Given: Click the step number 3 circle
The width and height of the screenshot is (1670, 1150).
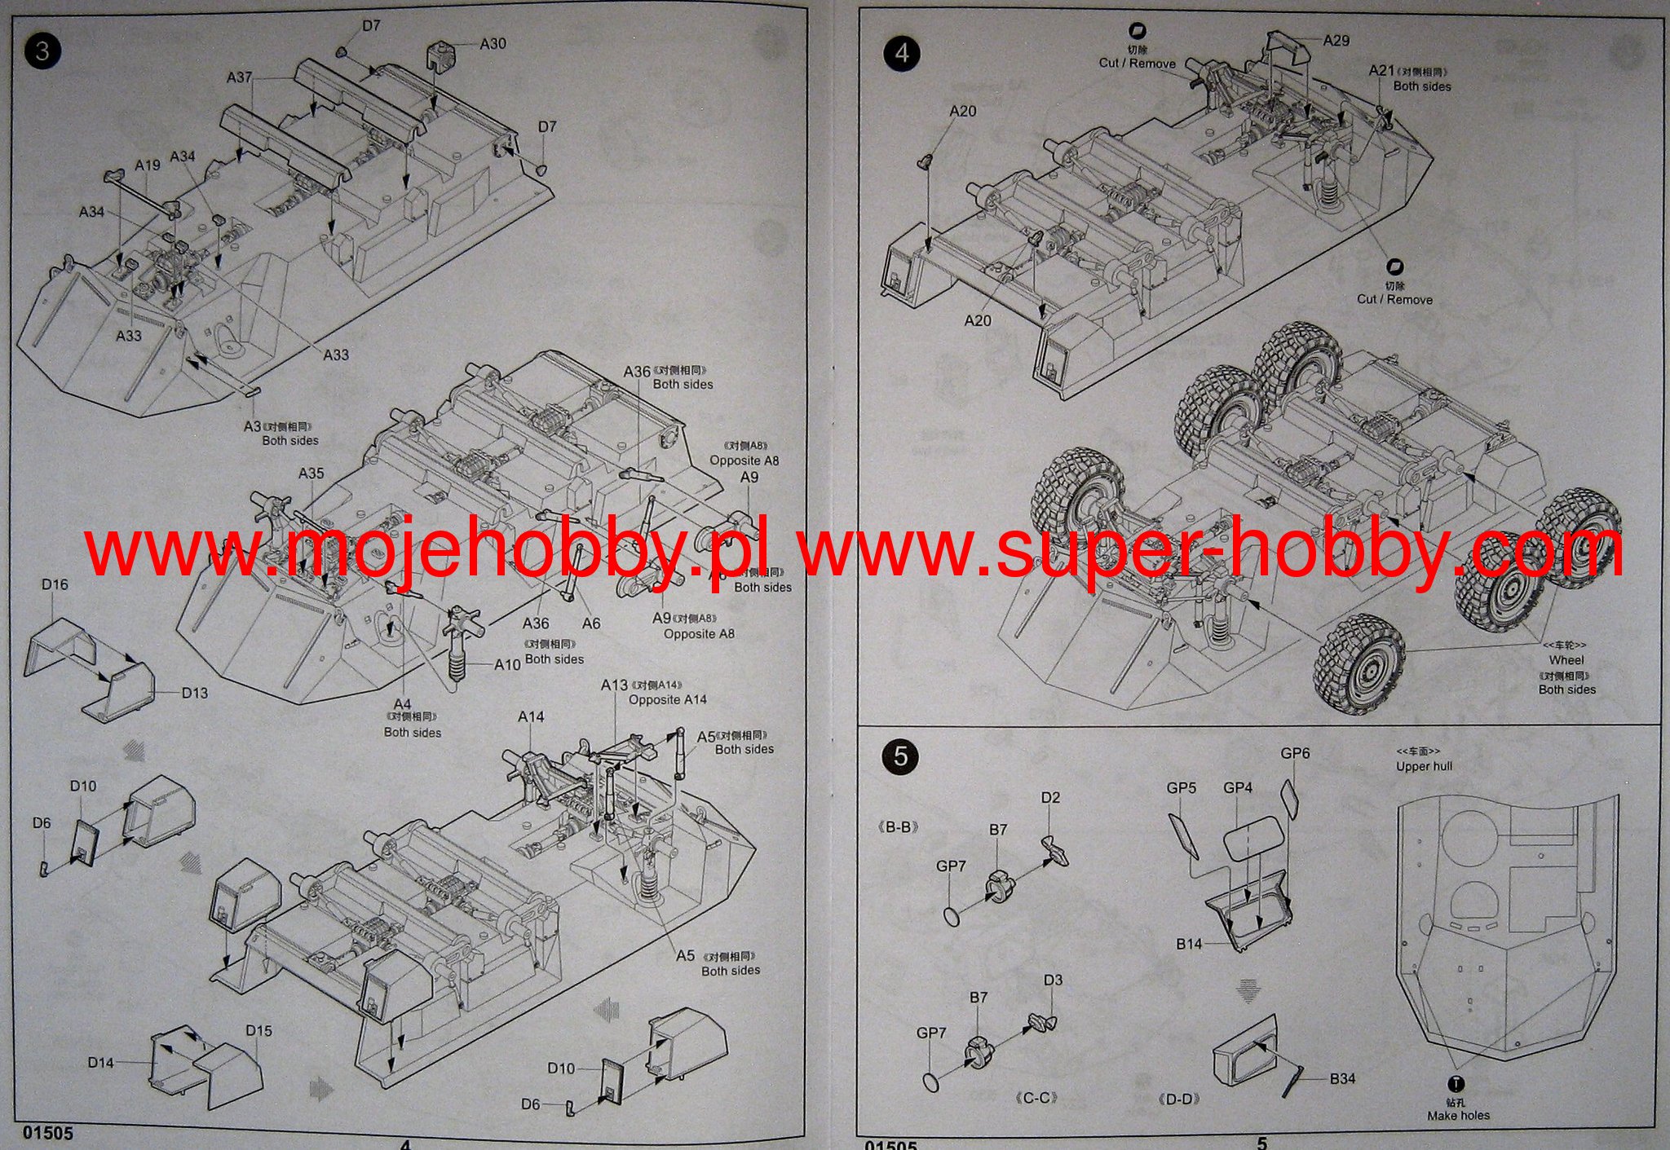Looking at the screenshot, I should tap(42, 51).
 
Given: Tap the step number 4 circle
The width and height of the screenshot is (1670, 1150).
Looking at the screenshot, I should tap(901, 53).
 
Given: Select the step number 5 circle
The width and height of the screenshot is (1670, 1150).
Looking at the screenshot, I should tap(900, 756).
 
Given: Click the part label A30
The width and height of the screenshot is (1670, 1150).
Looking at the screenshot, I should tap(493, 43).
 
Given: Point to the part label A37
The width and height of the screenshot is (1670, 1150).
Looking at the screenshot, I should tap(239, 77).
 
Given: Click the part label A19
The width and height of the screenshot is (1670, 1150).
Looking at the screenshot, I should tap(148, 165).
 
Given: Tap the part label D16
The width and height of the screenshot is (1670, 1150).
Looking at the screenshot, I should tap(55, 584).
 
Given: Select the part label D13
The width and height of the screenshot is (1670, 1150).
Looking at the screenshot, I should tap(194, 693).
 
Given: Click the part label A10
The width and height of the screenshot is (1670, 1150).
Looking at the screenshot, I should tap(507, 664).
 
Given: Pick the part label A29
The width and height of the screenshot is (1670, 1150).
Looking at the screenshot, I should tap(1336, 40).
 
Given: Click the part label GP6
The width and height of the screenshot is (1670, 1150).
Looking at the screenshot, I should tap(1295, 753).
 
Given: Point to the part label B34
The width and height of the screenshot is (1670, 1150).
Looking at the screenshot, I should tap(1342, 1078).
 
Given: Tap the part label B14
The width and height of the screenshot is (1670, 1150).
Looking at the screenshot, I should tap(1189, 944).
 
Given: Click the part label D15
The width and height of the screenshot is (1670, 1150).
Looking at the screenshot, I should tap(258, 1030).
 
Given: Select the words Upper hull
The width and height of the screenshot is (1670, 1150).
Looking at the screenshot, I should tap(1424, 766).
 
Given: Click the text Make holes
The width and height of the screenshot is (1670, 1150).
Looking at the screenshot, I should tap(1458, 1115).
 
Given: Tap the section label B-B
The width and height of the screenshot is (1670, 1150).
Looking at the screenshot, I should tap(898, 827).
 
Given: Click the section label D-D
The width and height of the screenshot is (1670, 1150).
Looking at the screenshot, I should tap(1178, 1099).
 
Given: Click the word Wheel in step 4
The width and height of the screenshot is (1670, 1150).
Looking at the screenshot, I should tap(1566, 660).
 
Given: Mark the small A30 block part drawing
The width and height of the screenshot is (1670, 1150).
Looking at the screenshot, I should tap(440, 57).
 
